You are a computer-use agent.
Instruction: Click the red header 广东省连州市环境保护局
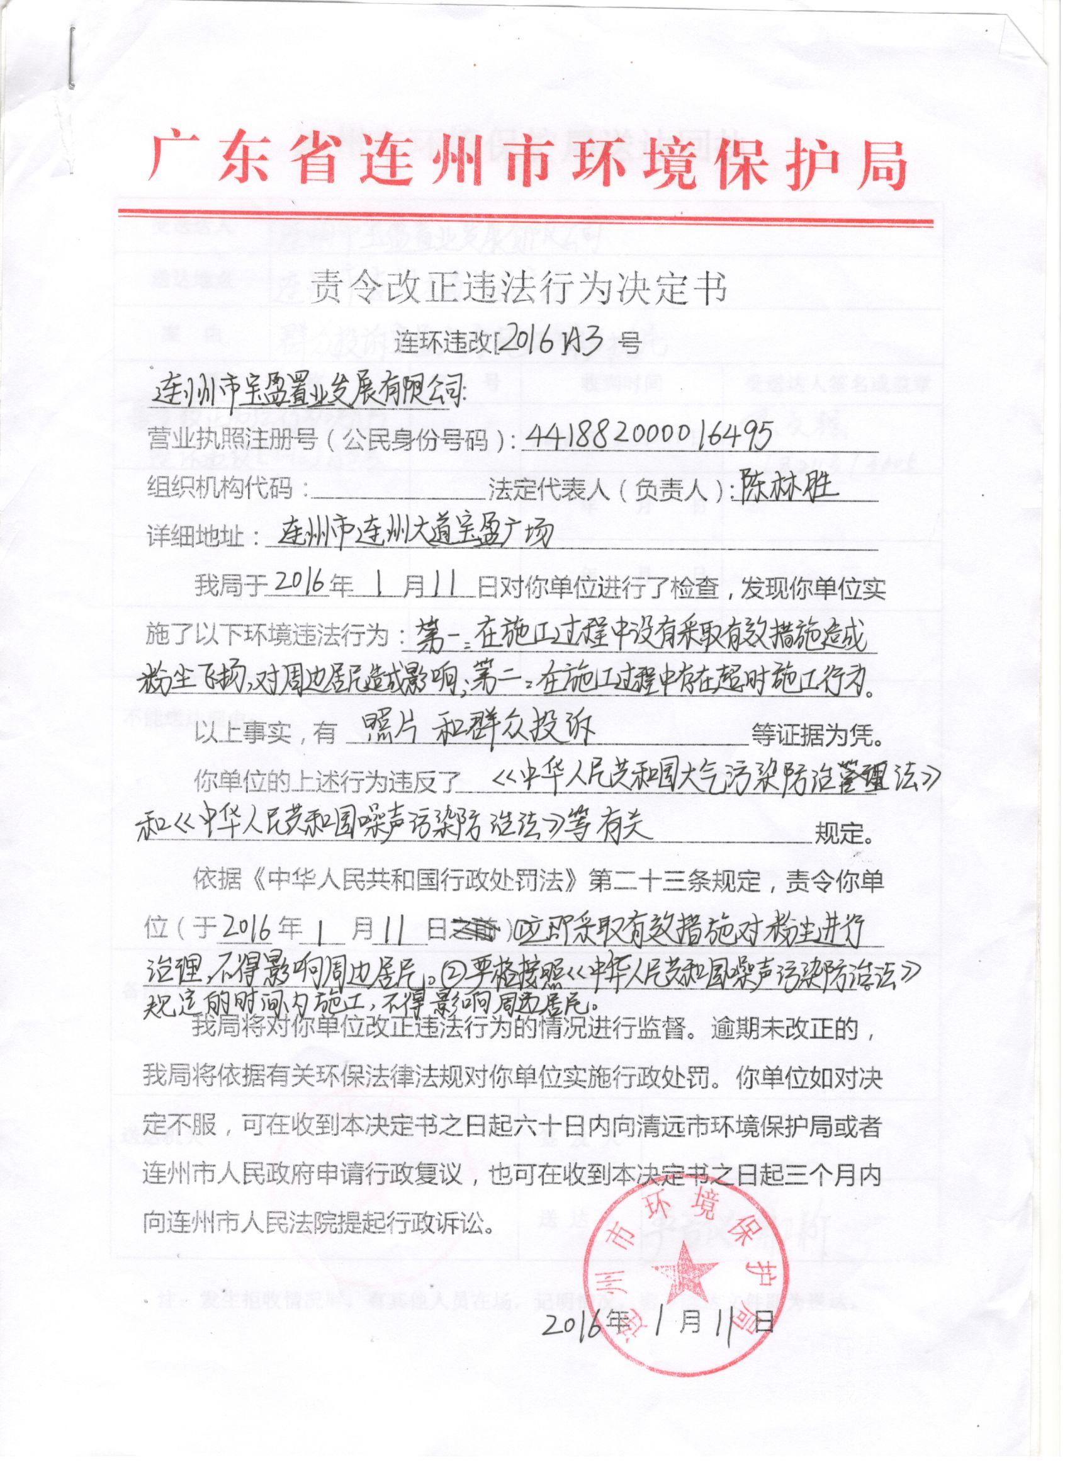click(527, 160)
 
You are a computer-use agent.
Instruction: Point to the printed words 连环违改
click(445, 340)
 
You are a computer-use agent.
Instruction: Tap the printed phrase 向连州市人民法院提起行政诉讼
click(318, 1225)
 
